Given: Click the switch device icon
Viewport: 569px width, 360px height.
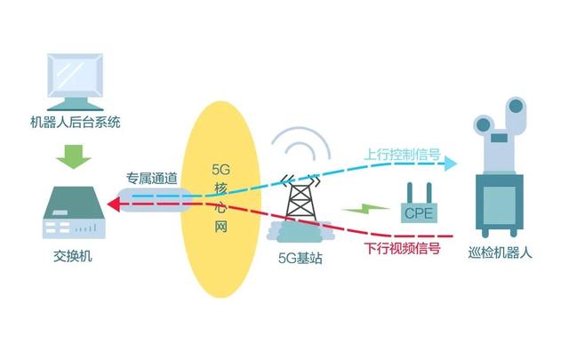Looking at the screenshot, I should point(74,213).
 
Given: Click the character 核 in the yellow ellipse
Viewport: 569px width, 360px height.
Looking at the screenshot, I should point(222,188).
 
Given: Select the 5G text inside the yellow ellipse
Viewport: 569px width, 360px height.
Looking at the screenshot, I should point(222,168).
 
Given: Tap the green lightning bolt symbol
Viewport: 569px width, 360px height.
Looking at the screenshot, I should point(359,211).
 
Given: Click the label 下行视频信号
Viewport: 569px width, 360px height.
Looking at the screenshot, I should point(402,248).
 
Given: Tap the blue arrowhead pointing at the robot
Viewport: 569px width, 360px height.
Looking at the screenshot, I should point(451,164).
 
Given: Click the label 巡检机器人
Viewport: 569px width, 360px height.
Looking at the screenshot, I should point(500,253).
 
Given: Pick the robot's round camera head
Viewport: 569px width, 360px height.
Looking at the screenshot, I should point(516,110).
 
